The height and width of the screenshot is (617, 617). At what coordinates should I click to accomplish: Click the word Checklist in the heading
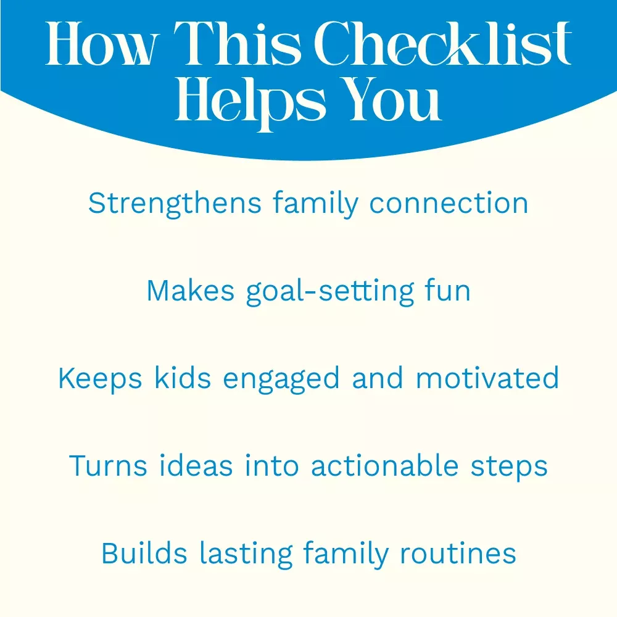pyautogui.click(x=442, y=43)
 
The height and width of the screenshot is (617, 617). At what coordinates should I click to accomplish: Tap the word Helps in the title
pyautogui.click(x=251, y=103)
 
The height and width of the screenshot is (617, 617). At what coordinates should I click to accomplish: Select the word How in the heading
pyautogui.click(x=102, y=43)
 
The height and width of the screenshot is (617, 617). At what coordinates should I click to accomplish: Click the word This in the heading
pyautogui.click(x=238, y=43)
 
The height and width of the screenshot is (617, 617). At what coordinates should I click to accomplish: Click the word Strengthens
pyautogui.click(x=175, y=204)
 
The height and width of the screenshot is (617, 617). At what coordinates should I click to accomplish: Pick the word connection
pyautogui.click(x=449, y=204)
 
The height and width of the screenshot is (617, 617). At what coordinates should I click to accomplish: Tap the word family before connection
pyautogui.click(x=315, y=204)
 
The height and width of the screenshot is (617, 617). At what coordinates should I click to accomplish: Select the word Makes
pyautogui.click(x=191, y=291)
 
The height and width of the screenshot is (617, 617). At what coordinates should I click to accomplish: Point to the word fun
pyautogui.click(x=447, y=291)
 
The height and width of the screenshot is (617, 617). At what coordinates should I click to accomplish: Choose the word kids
pyautogui.click(x=183, y=378)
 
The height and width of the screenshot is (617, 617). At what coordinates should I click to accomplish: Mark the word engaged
pyautogui.click(x=281, y=379)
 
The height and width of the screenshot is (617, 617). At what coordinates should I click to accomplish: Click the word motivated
pyautogui.click(x=487, y=378)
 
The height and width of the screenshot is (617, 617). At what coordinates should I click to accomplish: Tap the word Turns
pyautogui.click(x=108, y=466)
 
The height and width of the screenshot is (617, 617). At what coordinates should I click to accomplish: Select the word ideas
pyautogui.click(x=196, y=465)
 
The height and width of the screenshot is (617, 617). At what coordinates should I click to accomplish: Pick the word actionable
pyautogui.click(x=385, y=465)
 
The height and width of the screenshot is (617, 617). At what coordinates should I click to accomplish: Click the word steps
pyautogui.click(x=509, y=468)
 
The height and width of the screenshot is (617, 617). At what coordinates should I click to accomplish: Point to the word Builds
pyautogui.click(x=144, y=553)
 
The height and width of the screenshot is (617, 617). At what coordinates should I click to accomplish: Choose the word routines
pyautogui.click(x=458, y=553)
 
